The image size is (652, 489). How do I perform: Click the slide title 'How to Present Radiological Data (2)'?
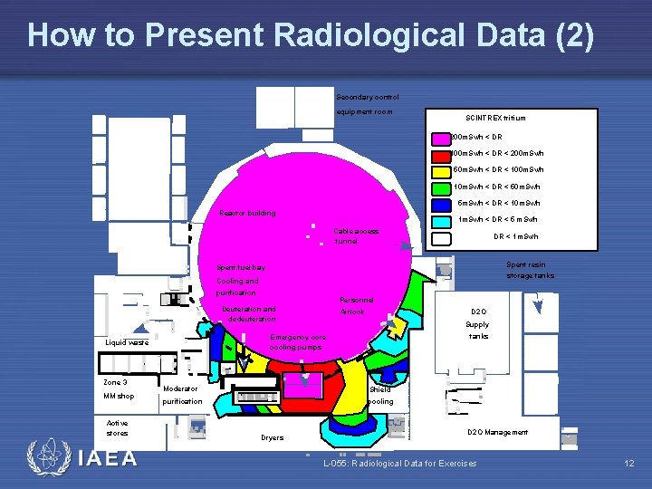click(311, 36)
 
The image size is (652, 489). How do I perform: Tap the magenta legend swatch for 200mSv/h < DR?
click(441, 137)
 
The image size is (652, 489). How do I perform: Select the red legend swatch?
click(441, 154)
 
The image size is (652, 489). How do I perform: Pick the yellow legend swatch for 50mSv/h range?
click(441, 170)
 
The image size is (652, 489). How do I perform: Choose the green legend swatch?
click(441, 187)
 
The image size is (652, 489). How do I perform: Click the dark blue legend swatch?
click(441, 204)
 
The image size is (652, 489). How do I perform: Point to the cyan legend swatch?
click(441, 220)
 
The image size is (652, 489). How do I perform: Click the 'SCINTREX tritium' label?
click(494, 118)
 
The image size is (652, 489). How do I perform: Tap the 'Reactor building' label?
click(247, 214)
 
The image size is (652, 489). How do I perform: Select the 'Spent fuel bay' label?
click(241, 267)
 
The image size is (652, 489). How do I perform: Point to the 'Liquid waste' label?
click(127, 343)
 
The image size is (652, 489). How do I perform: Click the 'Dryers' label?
click(272, 437)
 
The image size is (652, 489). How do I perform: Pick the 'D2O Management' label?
click(497, 432)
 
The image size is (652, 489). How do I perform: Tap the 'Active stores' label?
click(117, 427)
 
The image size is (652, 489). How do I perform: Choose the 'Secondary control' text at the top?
click(367, 97)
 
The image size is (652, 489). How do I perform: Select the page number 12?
click(629, 464)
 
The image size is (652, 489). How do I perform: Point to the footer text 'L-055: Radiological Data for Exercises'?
click(399, 464)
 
